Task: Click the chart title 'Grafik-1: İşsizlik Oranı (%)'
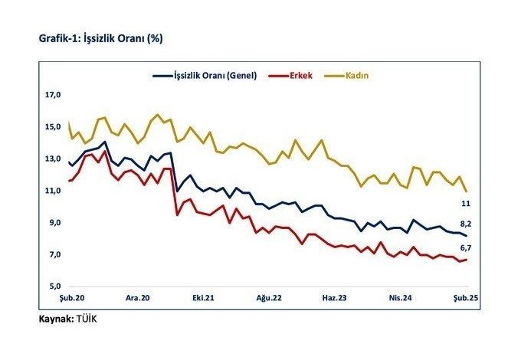(102, 37)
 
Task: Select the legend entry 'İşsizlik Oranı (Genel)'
(213, 76)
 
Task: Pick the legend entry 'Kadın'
(358, 76)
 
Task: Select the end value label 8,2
(465, 224)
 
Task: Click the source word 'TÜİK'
(86, 318)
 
